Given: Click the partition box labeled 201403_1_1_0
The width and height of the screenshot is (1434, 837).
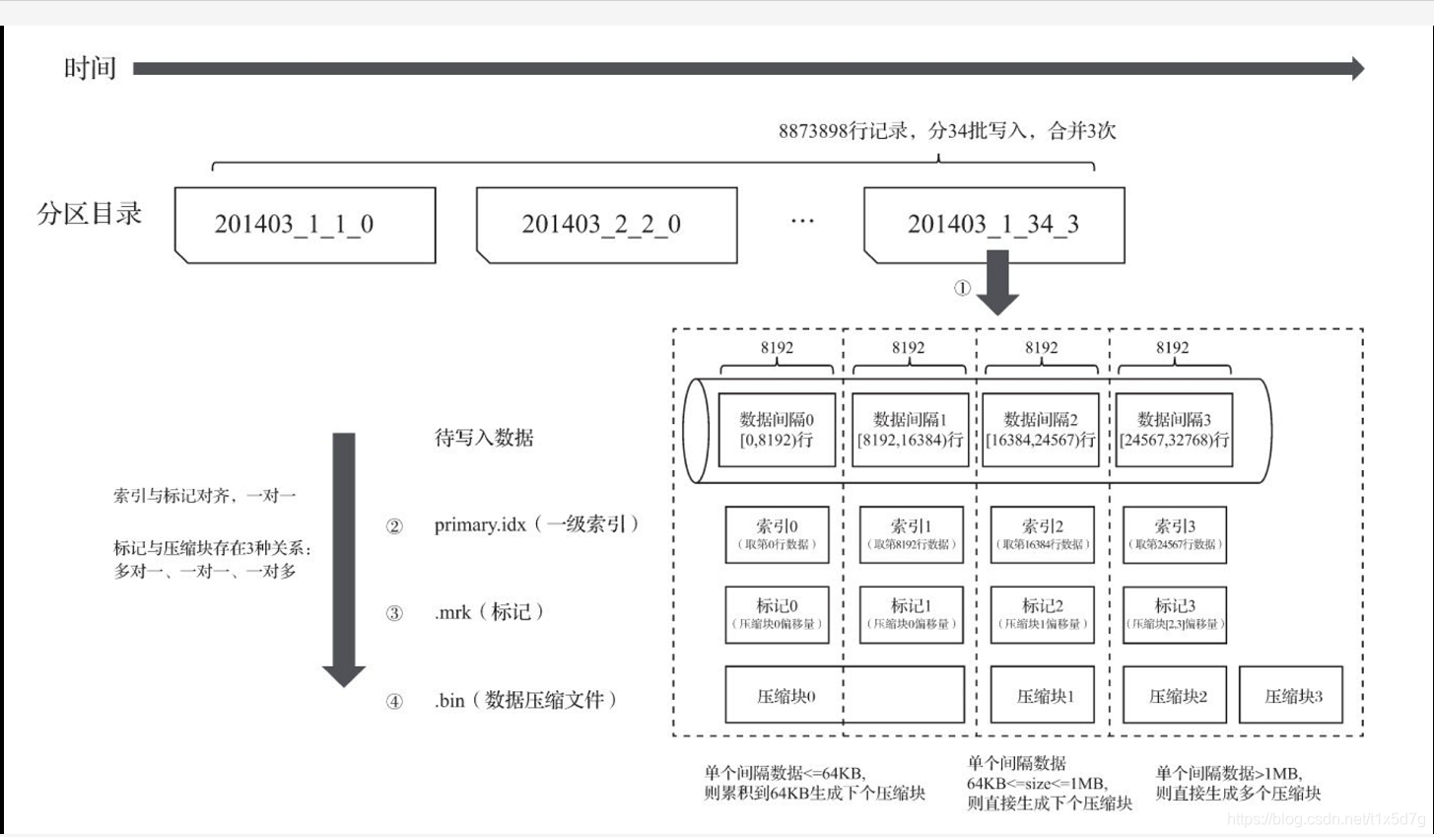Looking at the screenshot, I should [305, 225].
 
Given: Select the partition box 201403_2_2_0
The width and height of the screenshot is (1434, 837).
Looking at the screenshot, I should [606, 225].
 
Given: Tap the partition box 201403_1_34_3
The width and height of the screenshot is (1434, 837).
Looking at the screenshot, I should [993, 225].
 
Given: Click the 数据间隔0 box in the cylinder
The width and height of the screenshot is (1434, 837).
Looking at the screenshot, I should [777, 430].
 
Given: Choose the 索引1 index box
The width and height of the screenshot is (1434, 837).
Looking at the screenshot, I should [911, 534].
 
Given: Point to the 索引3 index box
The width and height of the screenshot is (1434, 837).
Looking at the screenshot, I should [1175, 534].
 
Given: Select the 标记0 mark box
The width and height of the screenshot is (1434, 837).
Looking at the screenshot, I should [777, 614].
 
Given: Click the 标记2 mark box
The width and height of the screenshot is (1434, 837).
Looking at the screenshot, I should [1042, 614].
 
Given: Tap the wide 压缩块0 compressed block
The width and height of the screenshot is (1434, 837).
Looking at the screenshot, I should [844, 695].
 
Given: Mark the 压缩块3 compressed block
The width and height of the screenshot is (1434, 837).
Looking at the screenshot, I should [1291, 695].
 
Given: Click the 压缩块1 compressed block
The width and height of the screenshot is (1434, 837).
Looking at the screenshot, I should [1043, 695].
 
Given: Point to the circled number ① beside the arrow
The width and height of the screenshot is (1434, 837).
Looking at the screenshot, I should [962, 288].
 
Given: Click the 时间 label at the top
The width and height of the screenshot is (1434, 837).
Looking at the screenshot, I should [90, 68].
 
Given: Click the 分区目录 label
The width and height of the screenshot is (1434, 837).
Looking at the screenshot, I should [90, 213].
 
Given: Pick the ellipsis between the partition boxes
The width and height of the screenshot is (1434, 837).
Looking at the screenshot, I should [802, 222].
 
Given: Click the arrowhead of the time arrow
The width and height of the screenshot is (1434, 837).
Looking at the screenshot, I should [1357, 68].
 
